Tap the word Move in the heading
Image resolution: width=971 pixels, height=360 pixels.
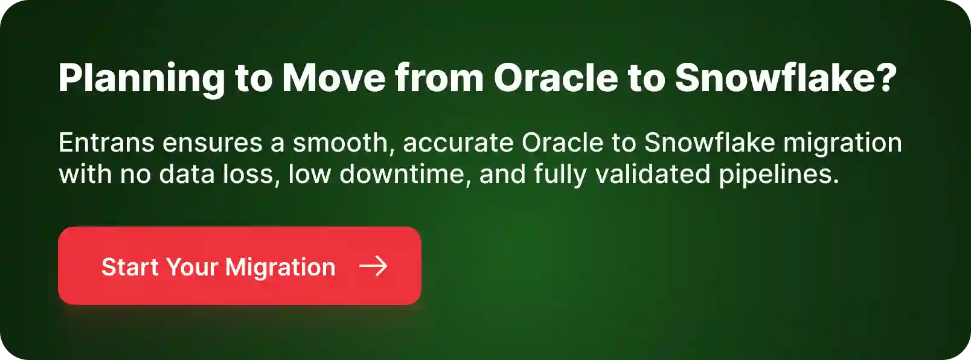coord(333,79)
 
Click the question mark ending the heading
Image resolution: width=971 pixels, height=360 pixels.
coord(886,79)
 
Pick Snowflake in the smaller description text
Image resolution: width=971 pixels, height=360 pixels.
coord(710,143)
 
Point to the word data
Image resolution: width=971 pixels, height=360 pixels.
coord(184,175)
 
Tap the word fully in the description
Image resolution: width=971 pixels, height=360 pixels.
coord(560,175)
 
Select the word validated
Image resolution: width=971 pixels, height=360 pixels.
coord(653,175)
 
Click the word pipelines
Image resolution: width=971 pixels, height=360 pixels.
coord(778,175)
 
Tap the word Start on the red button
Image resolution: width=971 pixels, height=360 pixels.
coord(129,267)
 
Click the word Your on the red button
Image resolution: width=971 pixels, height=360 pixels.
coord(191,267)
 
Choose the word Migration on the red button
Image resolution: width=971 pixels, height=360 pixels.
coord(280,267)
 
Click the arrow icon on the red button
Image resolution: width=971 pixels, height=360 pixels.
coord(373,266)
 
